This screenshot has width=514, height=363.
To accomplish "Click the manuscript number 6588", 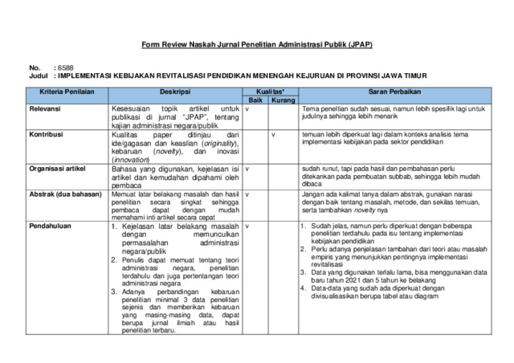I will [64, 68].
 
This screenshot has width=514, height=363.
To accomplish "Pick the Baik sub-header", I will [255, 101].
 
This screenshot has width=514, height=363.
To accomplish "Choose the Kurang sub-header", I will [282, 101].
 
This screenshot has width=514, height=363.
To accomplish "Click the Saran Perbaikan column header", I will [391, 93].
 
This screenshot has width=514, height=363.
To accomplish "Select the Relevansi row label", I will [47, 108].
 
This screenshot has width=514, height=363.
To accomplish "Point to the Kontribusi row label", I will [48, 134].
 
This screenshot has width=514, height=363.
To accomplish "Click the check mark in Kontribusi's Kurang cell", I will [275, 134].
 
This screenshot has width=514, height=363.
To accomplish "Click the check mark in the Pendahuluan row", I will [247, 226].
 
